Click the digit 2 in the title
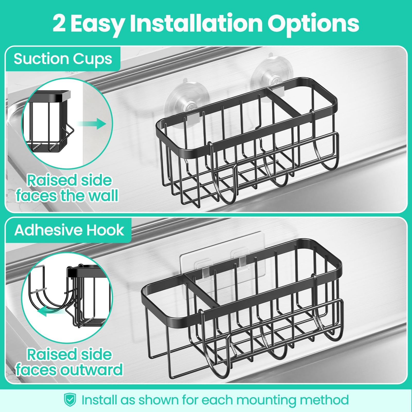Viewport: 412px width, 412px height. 59,23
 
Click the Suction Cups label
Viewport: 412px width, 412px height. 63,59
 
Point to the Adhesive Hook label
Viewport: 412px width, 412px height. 69,230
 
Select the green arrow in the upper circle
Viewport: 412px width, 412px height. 91,124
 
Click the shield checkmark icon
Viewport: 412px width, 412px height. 70,400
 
